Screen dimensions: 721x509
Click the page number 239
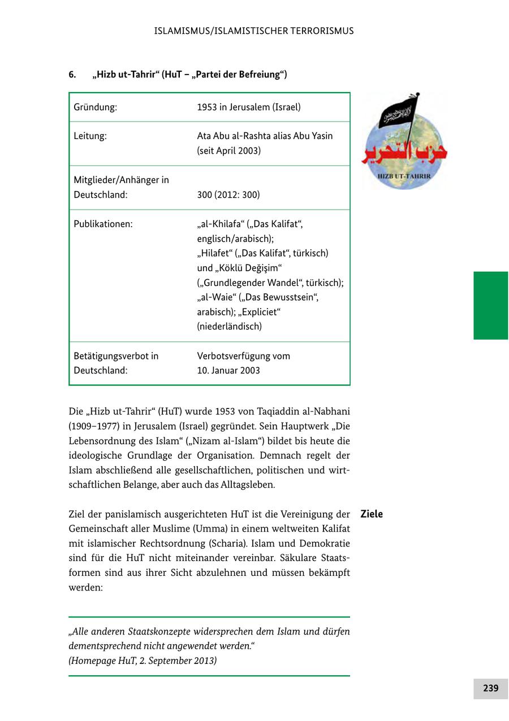pos(490,688)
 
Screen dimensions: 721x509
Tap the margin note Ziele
pos(372,514)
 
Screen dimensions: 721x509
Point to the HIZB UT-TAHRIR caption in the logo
pos(404,176)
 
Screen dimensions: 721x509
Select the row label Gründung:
pos(96,107)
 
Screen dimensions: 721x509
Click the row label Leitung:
pos(90,136)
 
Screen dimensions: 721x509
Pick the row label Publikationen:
pos(103,224)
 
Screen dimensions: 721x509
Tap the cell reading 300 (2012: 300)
pos(228,195)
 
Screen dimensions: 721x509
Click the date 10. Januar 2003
pos(228,371)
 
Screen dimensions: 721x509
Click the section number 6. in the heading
pos(72,75)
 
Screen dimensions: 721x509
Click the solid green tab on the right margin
pos(490,305)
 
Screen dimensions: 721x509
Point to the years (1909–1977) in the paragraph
pos(94,426)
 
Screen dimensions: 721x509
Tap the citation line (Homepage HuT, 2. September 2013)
pos(143,661)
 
